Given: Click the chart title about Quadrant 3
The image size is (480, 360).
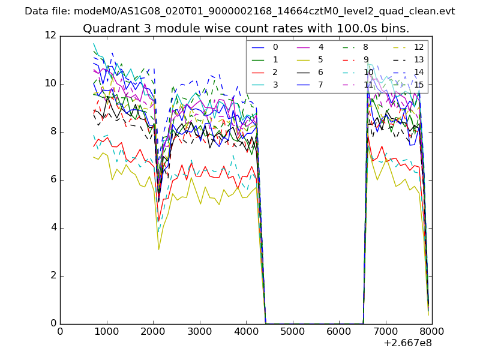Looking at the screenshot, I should tap(246, 28).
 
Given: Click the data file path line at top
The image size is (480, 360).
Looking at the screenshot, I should tap(240, 11).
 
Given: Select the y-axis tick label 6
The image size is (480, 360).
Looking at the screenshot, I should tap(53, 179).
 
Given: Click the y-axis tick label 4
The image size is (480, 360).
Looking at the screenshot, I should tap(53, 227).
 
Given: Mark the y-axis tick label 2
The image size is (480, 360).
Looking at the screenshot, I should tap(53, 275).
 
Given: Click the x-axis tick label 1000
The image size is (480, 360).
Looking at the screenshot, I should tap(106, 331).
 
